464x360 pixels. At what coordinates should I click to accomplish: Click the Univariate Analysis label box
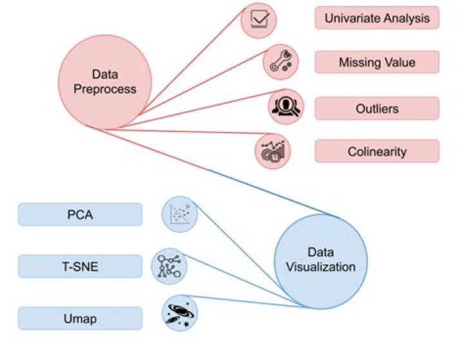coord(377,18)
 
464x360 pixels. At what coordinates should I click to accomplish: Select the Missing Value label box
coord(377,62)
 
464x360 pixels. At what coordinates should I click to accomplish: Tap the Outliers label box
coord(377,108)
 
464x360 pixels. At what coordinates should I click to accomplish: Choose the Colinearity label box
coord(377,152)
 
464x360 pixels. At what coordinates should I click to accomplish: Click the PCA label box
coord(80,214)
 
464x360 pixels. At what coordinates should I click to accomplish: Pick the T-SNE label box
coord(80,266)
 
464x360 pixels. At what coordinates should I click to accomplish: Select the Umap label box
coord(80,317)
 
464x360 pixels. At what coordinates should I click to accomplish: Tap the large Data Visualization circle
coord(320,260)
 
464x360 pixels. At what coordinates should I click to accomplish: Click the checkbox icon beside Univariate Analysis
coord(259,20)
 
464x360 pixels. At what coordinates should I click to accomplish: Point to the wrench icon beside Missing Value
coord(281,62)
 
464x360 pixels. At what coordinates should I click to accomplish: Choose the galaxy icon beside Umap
coord(179,314)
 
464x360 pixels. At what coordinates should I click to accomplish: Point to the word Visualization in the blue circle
coord(320,267)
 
